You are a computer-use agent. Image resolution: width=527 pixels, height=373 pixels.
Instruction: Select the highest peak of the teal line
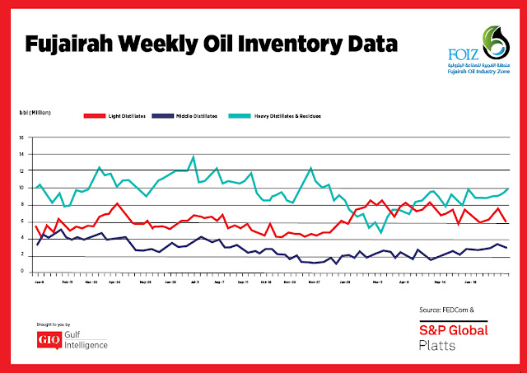click(x=194, y=156)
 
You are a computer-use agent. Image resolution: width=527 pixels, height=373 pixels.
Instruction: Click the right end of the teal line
click(x=507, y=189)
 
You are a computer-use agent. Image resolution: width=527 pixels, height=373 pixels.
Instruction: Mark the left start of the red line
click(x=36, y=226)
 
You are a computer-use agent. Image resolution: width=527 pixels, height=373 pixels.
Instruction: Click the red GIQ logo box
click(x=47, y=338)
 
